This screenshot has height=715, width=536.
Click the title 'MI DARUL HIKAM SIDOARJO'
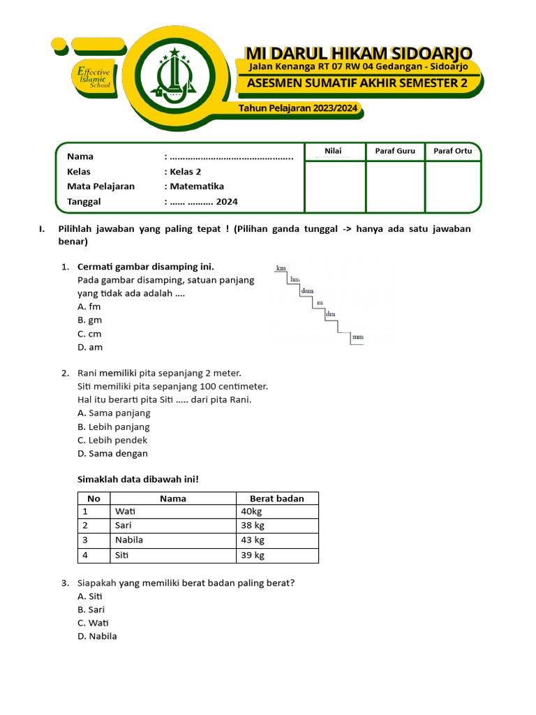[x=358, y=53]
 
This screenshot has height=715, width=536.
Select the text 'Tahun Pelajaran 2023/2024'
[x=298, y=108]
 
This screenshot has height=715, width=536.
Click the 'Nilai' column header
[x=334, y=151]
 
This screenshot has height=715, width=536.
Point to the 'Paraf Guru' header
[x=395, y=151]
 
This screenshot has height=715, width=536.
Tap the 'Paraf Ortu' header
[x=452, y=151]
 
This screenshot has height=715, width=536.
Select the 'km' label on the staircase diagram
[x=281, y=268]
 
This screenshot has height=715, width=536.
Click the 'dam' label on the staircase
[x=307, y=290]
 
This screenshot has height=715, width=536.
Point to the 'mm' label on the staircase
[x=357, y=337]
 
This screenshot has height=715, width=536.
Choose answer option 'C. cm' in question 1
[x=89, y=334]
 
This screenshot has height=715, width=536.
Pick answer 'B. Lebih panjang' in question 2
[x=114, y=427]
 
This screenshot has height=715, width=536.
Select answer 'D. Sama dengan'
[x=113, y=453]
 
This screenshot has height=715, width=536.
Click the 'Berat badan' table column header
[x=277, y=499]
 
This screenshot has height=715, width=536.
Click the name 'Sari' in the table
[x=124, y=526]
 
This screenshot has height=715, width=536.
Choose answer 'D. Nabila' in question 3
[x=98, y=636]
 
